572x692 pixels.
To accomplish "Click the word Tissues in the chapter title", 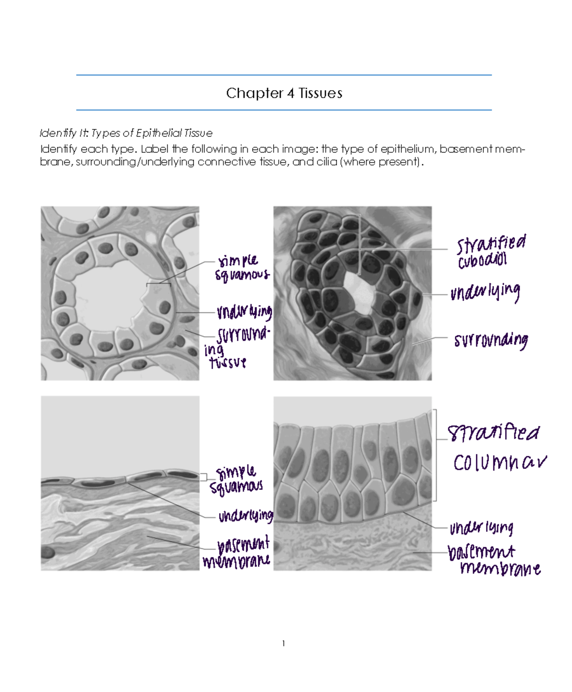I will click(x=320, y=93).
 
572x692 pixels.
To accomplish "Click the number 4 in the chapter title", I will click(x=290, y=93).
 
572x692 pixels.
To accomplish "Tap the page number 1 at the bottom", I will click(x=284, y=643).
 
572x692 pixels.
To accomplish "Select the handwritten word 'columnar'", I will click(x=500, y=462).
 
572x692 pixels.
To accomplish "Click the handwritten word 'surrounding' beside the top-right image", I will click(x=490, y=340).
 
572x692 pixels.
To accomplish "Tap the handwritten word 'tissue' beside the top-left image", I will click(x=228, y=363).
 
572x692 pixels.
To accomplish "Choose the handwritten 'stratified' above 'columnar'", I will click(x=493, y=433).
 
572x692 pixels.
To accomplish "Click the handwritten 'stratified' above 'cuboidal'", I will click(x=491, y=244).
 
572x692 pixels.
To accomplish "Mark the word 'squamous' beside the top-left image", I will click(x=242, y=275).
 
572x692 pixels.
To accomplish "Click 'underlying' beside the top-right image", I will click(x=485, y=292).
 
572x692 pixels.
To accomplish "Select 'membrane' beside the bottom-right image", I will click(x=500, y=568).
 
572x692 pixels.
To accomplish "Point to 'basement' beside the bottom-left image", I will click(x=243, y=544).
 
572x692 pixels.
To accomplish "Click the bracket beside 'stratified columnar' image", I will click(x=435, y=455).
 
